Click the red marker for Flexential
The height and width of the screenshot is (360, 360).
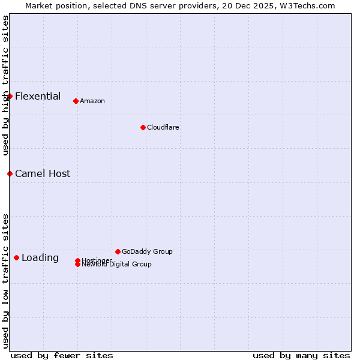tap(10, 96)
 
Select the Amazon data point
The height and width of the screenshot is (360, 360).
tap(76, 101)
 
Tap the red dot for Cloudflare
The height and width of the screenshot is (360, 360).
tap(143, 127)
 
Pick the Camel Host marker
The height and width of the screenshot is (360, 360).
tap(10, 173)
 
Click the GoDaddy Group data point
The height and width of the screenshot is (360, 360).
tap(118, 251)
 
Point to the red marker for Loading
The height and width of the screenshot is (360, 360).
tap(16, 257)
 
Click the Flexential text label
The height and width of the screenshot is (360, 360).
tap(38, 96)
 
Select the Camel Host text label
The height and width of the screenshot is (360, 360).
tap(43, 173)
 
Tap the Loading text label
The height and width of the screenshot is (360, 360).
tap(40, 258)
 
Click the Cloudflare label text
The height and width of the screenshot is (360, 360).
tap(163, 127)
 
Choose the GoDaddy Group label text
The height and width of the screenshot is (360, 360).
tap(147, 251)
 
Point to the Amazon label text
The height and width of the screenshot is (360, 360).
tap(92, 101)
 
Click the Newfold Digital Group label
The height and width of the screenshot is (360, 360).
tap(116, 265)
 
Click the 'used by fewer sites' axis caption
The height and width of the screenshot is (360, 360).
tap(62, 355)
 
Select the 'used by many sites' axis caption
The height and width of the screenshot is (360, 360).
tap(301, 355)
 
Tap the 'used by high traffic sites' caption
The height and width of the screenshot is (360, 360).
tap(5, 85)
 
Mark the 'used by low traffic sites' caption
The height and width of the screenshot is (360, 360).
tap(5, 280)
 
